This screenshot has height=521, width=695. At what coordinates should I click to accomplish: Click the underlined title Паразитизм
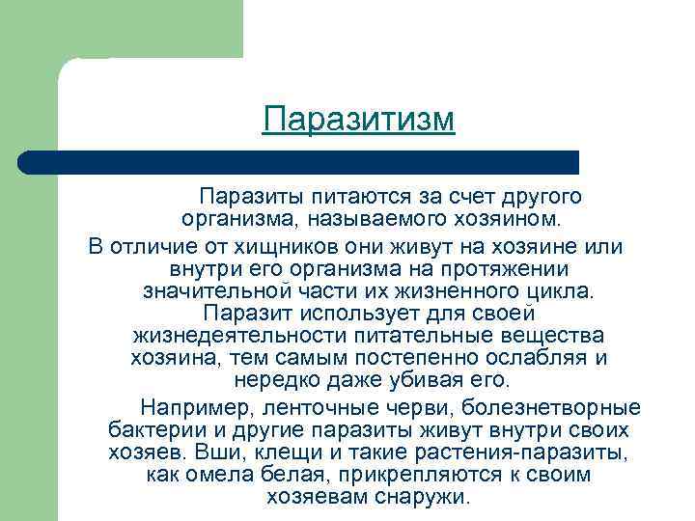pyautogui.click(x=358, y=121)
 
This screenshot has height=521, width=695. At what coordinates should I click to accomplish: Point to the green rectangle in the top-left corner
pyautogui.click(x=116, y=29)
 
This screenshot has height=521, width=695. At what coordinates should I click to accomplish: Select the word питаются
pyautogui.click(x=353, y=198)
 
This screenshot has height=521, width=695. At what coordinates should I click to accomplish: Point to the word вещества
pyautogui.click(x=552, y=336)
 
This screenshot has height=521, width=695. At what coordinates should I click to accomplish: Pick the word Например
pyautogui.click(x=198, y=404)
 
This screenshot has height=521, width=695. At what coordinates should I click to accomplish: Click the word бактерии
pyautogui.click(x=154, y=428)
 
